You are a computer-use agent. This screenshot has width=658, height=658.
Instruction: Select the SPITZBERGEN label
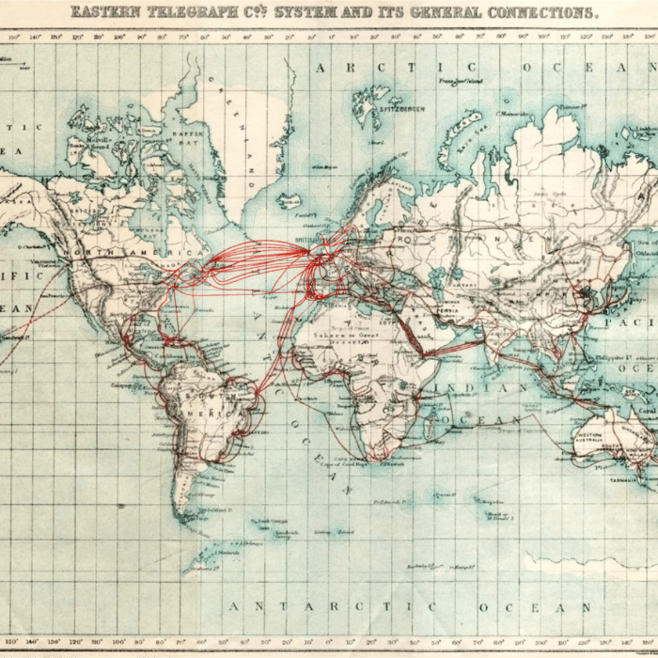click(402, 109)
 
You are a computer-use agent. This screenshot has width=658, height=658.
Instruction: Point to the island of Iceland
click(289, 202)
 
